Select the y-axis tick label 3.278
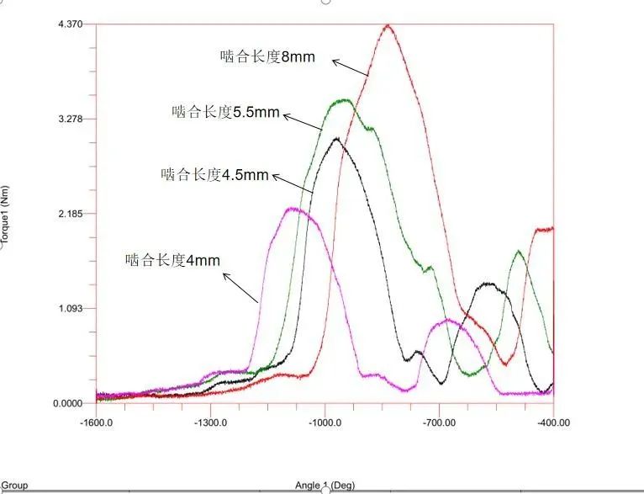click(x=70, y=119)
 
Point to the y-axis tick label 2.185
click(x=70, y=214)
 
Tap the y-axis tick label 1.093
click(x=70, y=309)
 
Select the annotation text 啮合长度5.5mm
click(x=225, y=111)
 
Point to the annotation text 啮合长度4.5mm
click(x=214, y=175)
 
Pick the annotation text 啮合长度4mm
click(x=172, y=261)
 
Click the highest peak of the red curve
click(x=388, y=25)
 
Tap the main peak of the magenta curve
click(x=293, y=209)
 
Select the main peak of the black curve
click(x=336, y=139)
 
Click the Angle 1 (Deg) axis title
click(x=325, y=486)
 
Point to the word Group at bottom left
click(x=15, y=486)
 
